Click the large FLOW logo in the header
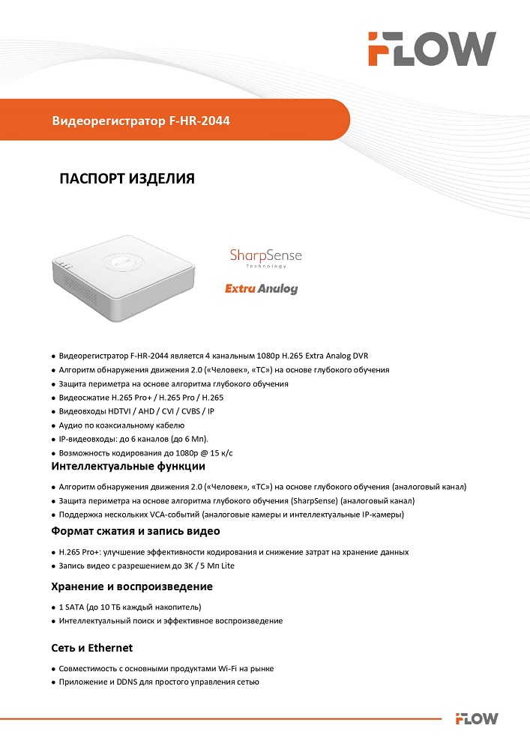pyautogui.click(x=431, y=49)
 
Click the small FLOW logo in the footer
pyautogui.click(x=477, y=718)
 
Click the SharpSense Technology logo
pyautogui.click(x=265, y=258)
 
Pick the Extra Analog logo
pyautogui.click(x=262, y=288)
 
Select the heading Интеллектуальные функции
pyautogui.click(x=127, y=467)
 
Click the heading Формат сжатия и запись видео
pyautogui.click(x=135, y=531)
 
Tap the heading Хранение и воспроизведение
pyautogui.click(x=131, y=586)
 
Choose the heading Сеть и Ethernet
pyautogui.click(x=91, y=647)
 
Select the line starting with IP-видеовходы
pyautogui.click(x=133, y=439)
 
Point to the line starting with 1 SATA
pyautogui.click(x=130, y=607)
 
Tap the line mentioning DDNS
pyautogui.click(x=159, y=682)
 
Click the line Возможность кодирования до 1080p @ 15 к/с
pyautogui.click(x=146, y=452)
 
